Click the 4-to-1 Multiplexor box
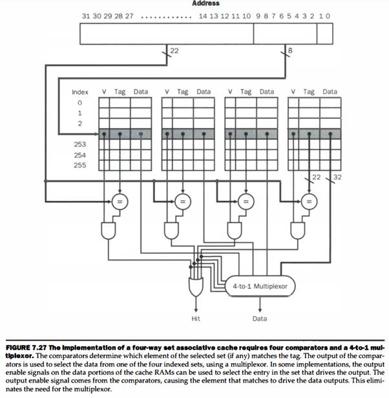pyautogui.click(x=260, y=285)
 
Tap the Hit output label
pyautogui.click(x=196, y=319)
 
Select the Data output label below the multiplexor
pyautogui.click(x=259, y=319)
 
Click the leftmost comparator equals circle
pyautogui.click(x=119, y=201)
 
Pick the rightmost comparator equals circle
pyautogui.click(x=309, y=201)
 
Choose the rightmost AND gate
pyautogui.click(x=299, y=229)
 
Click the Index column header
pyautogui.click(x=79, y=92)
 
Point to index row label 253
pyautogui.click(x=79, y=145)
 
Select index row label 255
pyautogui.click(x=79, y=165)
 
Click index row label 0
pyautogui.click(x=79, y=103)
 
